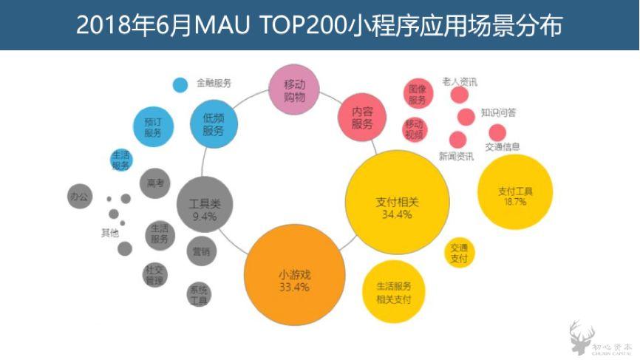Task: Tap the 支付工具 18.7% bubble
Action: pos(515,194)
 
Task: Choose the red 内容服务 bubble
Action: pos(362,117)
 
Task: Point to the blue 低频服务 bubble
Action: pos(214,123)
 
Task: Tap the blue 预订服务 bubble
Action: pos(153,126)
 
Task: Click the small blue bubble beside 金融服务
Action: pos(180,84)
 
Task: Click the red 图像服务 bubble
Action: pos(418,94)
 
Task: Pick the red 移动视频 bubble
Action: pos(415,129)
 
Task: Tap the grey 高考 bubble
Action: pos(156,183)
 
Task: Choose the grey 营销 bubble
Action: pos(201,251)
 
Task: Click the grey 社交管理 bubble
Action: pos(155,274)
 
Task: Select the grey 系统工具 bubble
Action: pos(200,294)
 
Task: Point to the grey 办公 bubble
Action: pos(79,197)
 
